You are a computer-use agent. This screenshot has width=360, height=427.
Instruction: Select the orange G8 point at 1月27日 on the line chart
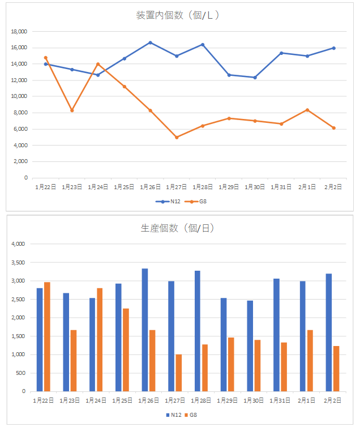click(x=177, y=137)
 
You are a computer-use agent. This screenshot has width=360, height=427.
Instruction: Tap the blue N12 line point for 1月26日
click(x=150, y=42)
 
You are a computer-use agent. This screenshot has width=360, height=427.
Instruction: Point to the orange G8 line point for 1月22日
click(x=46, y=58)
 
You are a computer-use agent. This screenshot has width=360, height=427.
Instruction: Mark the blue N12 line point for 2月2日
click(x=333, y=48)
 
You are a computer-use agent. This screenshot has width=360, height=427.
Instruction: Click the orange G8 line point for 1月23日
click(x=72, y=110)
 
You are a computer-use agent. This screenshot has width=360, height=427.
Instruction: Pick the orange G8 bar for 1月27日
click(x=179, y=373)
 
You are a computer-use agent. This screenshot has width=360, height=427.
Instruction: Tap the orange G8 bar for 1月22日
click(x=48, y=336)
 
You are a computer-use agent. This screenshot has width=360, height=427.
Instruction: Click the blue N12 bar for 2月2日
click(x=329, y=332)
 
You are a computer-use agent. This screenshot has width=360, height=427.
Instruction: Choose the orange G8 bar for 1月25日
click(x=126, y=349)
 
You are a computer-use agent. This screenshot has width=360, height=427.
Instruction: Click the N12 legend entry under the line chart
click(x=167, y=201)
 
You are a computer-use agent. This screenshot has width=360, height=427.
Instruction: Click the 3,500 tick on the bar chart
click(x=19, y=263)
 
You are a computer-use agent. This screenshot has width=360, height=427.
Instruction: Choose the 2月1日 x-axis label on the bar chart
click(x=307, y=400)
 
